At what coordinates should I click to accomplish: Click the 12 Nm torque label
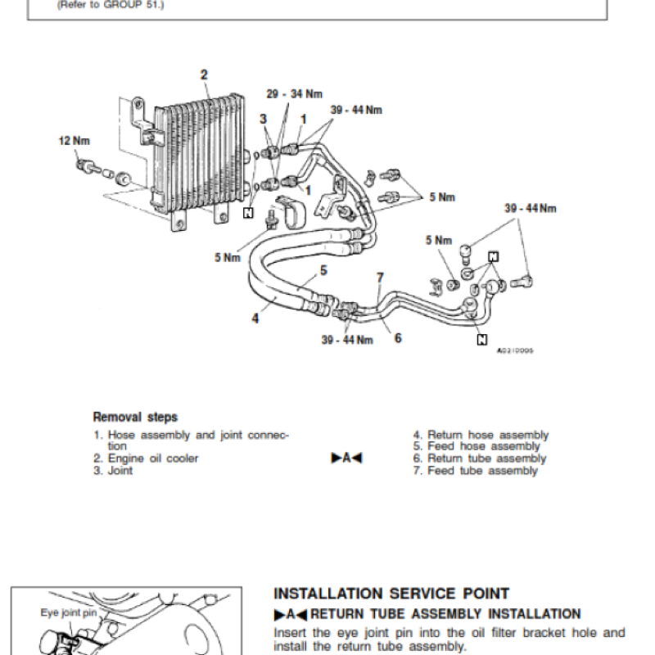73,141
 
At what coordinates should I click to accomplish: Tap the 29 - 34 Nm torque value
294,94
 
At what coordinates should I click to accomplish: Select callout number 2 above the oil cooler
204,75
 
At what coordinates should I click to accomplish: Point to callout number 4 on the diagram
255,318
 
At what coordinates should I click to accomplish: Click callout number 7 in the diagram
380,278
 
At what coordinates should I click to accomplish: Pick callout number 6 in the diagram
397,337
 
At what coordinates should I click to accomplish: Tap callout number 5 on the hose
323,269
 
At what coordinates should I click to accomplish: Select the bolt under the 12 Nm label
84,166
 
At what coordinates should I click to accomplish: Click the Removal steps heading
135,417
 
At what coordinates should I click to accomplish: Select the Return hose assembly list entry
481,436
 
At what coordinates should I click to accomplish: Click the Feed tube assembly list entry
476,471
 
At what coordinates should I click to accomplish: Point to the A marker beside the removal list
346,458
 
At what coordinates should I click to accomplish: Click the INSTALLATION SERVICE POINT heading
391,594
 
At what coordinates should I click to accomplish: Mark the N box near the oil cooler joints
248,213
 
